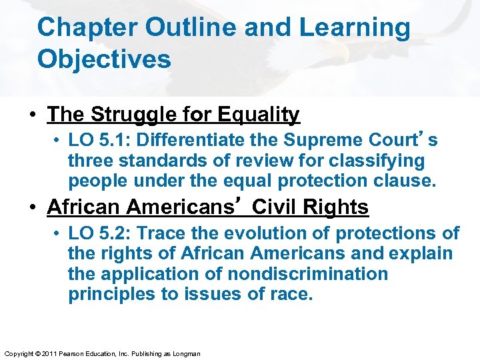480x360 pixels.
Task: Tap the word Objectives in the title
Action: pyautogui.click(x=104, y=59)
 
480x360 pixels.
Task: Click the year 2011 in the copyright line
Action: pyautogui.click(x=49, y=353)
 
